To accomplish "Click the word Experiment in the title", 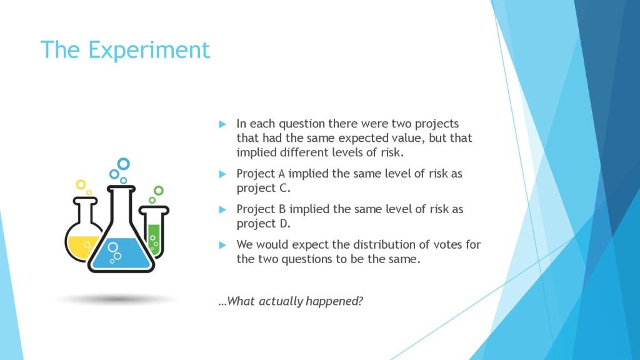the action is coord(149,50).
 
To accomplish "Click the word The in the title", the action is coord(60,49).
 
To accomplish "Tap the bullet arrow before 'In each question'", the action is coord(222,124).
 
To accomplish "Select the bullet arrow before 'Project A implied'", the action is coord(222,174).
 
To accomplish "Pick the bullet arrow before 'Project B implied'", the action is coord(222,210).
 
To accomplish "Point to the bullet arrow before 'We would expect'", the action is coord(222,245).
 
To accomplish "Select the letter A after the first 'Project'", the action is coord(282,174).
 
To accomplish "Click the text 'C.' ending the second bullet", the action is coord(285,188).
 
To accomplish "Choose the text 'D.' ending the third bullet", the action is coord(285,224).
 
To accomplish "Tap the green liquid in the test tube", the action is coord(154,239).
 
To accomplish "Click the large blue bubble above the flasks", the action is coord(123,164).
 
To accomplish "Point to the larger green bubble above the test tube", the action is coord(158,191).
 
